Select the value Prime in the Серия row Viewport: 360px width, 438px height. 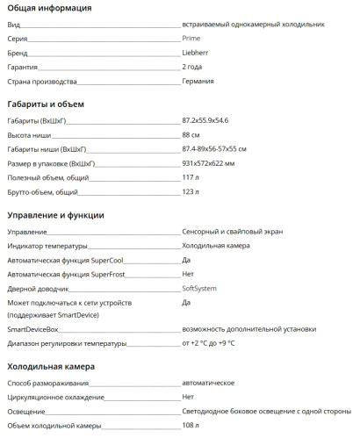pos(191,39)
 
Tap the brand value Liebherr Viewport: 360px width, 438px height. pos(196,53)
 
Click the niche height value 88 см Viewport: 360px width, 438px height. pos(191,134)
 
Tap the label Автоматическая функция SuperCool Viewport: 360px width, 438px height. pos(65,260)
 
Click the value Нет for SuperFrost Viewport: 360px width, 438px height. pos(188,274)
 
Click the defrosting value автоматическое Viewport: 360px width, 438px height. pos(208,383)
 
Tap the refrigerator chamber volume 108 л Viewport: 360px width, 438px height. pos(191,426)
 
